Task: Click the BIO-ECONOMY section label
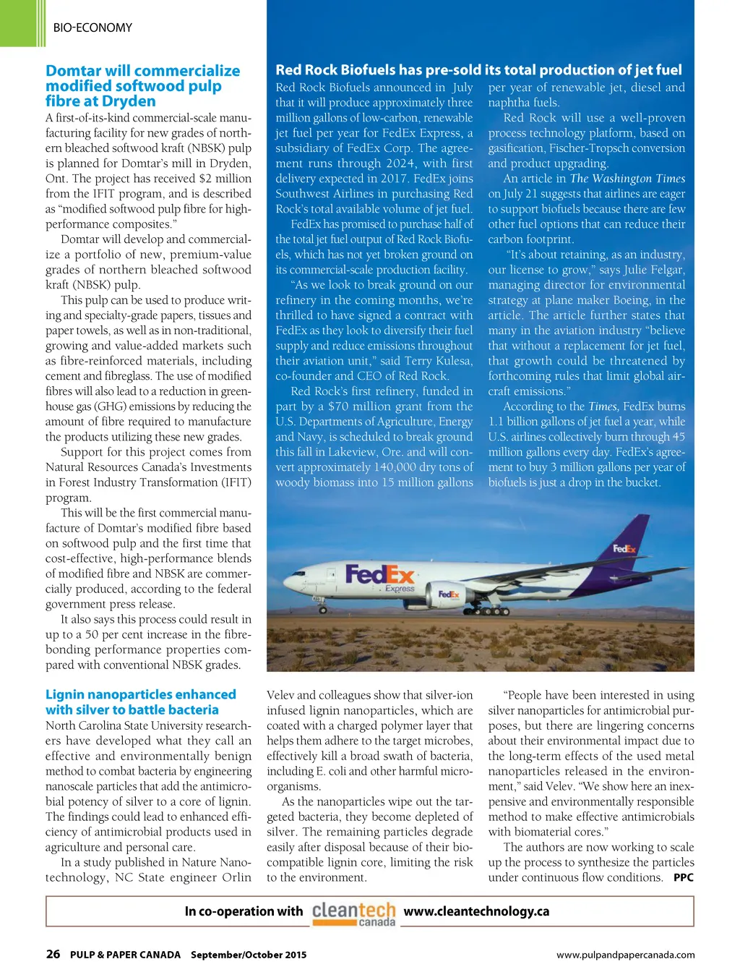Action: (92, 28)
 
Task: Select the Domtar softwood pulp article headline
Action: (142, 86)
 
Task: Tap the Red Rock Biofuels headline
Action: (478, 69)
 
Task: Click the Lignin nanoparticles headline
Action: (140, 702)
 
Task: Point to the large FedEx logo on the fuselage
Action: (379, 575)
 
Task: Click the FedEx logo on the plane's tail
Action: (624, 549)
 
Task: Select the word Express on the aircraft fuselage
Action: (400, 589)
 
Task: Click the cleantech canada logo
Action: (353, 913)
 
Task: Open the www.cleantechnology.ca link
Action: (476, 911)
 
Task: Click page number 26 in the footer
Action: (53, 954)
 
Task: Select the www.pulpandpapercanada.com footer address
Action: (625, 955)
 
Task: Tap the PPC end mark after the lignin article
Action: (683, 877)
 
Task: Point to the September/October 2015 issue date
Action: (249, 955)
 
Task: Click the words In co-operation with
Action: (244, 911)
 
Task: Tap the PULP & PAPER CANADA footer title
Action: (125, 955)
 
